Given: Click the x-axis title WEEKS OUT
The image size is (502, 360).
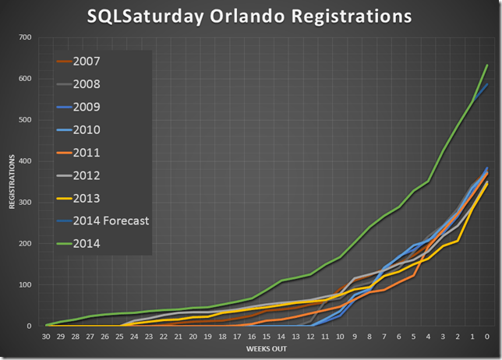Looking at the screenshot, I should point(267,348).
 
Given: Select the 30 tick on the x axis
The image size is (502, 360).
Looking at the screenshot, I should point(48,336).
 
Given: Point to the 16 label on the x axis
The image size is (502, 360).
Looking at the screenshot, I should point(252,336).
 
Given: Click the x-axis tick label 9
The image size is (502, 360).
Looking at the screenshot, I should point(355,336).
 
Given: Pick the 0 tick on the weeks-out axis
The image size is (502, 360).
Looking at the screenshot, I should point(486,336).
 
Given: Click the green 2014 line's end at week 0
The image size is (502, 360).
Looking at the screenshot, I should point(486,65).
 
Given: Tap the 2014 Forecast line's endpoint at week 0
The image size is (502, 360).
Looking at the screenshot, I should point(486,83).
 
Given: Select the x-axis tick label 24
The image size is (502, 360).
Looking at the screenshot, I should point(135,336).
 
